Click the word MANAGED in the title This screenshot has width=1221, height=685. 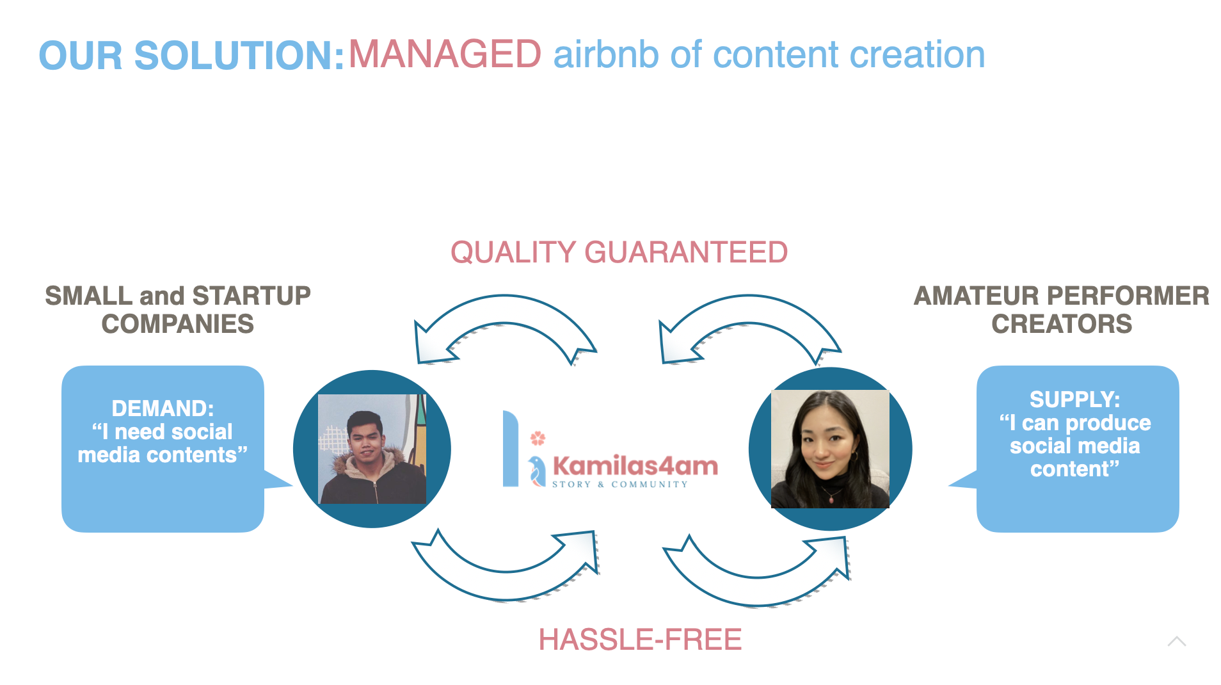click(445, 54)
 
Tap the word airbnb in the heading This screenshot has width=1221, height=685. click(605, 55)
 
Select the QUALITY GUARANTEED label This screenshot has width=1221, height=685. click(619, 252)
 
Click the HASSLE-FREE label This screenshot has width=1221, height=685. click(640, 640)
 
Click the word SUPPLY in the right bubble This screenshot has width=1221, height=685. click(1074, 399)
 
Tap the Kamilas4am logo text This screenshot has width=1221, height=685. click(635, 466)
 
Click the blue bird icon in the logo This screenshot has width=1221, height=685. click(537, 472)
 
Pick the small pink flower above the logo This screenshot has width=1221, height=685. click(538, 439)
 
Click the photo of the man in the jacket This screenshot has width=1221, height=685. click(372, 449)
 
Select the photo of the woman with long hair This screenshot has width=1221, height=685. click(830, 449)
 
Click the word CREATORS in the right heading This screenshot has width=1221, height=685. click(1062, 324)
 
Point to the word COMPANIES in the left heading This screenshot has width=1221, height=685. click(178, 324)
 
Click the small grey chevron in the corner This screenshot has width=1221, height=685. click(1176, 641)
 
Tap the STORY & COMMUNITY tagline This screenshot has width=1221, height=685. click(619, 485)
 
